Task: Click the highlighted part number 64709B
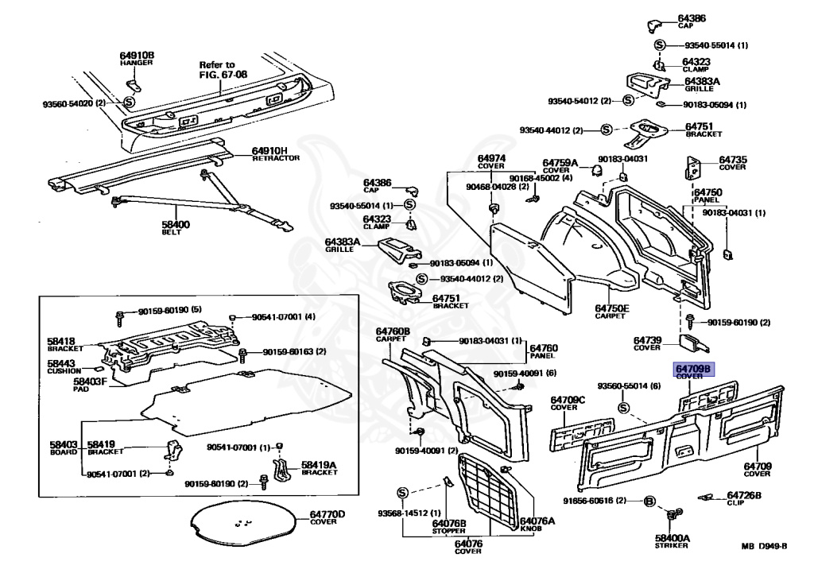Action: [x=693, y=369]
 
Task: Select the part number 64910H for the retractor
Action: [x=269, y=151]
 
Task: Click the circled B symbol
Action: [x=649, y=501]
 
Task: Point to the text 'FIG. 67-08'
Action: [x=223, y=74]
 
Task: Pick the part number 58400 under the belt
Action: [x=176, y=224]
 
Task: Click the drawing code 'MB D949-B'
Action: [x=764, y=546]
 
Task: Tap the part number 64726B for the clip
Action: [x=744, y=495]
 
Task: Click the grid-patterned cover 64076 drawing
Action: [x=489, y=488]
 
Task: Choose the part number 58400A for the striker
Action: [x=672, y=538]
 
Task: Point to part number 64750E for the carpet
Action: [x=612, y=308]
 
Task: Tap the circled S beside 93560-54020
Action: [x=129, y=102]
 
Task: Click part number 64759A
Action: [x=560, y=163]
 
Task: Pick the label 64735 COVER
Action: [x=732, y=163]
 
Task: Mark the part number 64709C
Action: [x=568, y=400]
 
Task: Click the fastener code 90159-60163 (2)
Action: [x=294, y=351]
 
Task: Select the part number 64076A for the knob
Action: [x=537, y=521]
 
